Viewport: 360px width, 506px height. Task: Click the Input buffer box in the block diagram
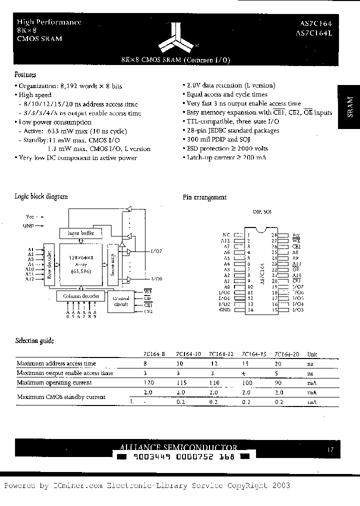pyautogui.click(x=80, y=233)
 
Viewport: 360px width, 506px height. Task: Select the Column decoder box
pyautogui.click(x=80, y=296)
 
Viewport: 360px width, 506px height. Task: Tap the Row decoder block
pyautogui.click(x=48, y=265)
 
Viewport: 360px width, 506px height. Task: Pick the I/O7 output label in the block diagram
pyautogui.click(x=155, y=251)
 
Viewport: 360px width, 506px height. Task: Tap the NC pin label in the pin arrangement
pyautogui.click(x=226, y=234)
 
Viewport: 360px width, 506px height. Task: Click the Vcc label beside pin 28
pyautogui.click(x=296, y=234)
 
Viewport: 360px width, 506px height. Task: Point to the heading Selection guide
pyautogui.click(x=34, y=340)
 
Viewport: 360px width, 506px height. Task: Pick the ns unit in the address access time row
pyautogui.click(x=310, y=364)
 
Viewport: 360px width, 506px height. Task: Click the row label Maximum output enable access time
pyautogui.click(x=65, y=373)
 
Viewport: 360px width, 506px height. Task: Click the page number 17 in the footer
pyautogui.click(x=330, y=450)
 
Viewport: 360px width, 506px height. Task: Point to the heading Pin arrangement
pyautogui.click(x=204, y=197)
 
